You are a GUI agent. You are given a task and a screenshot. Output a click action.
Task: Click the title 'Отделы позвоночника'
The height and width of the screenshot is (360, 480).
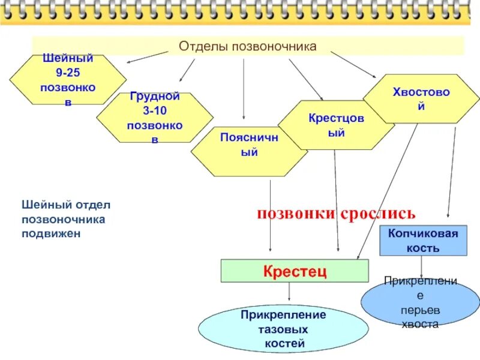coord(248,46)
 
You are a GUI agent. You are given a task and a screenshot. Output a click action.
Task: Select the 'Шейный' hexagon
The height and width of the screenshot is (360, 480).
coord(68,80)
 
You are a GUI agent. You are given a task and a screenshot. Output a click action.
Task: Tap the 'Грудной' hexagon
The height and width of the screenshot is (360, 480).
coord(155,118)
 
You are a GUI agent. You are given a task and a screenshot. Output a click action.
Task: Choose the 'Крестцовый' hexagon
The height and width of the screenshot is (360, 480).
coord(336,125)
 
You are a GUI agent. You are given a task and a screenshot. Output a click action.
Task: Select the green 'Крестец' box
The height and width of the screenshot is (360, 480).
coord(295,271)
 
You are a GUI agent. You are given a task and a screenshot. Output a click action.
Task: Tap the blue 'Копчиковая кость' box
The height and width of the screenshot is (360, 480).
coord(422,240)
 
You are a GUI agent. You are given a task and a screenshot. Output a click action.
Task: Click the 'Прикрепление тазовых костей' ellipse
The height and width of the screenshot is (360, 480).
coord(283,329)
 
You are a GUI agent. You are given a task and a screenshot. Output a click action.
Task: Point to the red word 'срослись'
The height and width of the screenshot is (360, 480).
coord(378,213)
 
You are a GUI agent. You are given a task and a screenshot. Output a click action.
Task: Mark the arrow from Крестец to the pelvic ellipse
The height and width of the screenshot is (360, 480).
coord(290,293)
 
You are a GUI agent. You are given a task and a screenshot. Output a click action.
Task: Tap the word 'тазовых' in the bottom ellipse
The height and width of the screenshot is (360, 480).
coord(283,329)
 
